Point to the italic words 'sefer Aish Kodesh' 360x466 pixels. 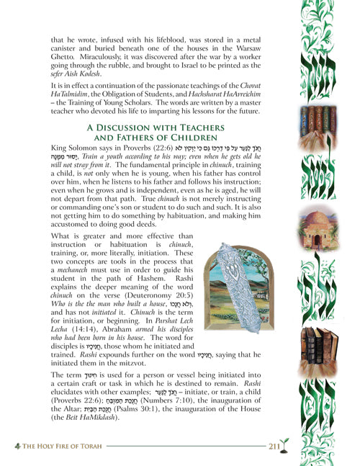pyautogui.click(x=61, y=94)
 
